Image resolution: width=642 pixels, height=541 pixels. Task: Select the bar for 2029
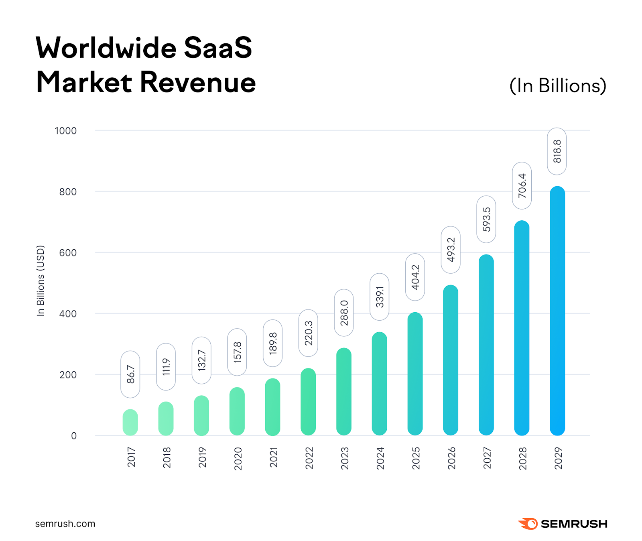557,311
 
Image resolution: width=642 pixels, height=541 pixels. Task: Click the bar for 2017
130,422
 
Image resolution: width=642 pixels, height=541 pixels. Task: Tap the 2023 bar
343,392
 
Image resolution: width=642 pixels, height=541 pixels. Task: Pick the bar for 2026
450,360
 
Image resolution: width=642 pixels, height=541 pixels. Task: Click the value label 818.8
557,151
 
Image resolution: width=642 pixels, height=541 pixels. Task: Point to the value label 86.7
130,374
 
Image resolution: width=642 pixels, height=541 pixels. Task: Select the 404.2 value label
415,277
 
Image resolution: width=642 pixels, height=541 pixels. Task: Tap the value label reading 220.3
308,333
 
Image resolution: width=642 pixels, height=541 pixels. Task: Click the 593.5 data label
486,219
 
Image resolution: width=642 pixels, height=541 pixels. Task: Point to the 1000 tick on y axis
65,131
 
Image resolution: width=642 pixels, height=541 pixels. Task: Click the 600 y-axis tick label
68,253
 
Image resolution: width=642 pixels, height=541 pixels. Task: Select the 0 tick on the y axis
74,436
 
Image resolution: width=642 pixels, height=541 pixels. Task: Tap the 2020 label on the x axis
238,458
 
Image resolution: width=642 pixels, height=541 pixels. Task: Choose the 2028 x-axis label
522,458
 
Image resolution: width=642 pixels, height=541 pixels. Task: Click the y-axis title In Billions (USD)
41,281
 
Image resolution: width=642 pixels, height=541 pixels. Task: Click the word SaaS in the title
217,48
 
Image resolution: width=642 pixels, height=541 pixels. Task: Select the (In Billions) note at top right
557,85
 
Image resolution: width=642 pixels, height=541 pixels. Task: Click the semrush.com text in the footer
65,524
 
